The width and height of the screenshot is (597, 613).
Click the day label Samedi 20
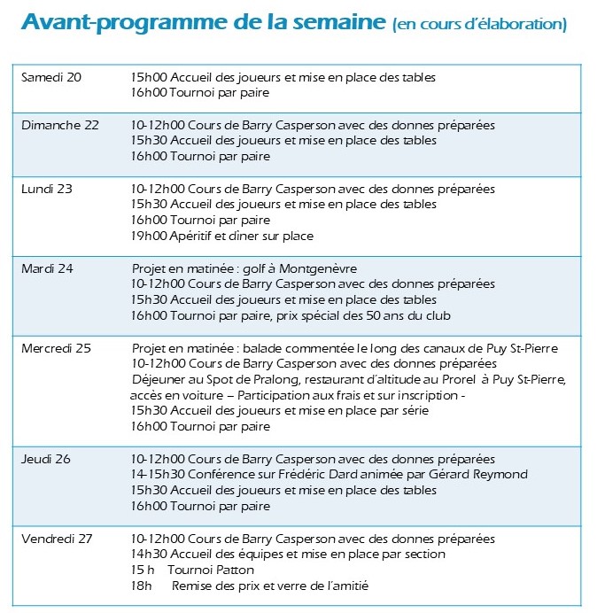coord(51,77)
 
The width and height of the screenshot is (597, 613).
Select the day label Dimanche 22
coord(60,125)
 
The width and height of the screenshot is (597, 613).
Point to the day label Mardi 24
coord(47,268)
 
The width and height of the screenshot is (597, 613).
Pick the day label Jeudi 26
coord(46,459)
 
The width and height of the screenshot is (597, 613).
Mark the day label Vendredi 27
coord(59,539)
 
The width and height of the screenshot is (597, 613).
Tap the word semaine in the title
coord(336,21)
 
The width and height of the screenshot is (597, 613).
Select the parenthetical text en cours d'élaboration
coord(479,24)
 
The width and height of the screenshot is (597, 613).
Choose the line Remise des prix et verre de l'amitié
coord(270,586)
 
